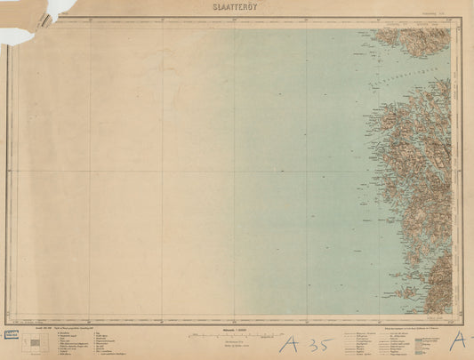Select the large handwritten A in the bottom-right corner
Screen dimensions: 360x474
click(459, 340)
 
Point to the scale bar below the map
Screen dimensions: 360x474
click(235, 334)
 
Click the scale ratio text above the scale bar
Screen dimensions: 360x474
click(235, 329)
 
